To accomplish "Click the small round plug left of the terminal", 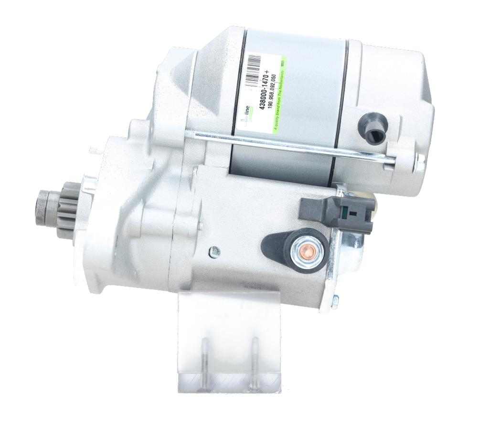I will pos(215,250).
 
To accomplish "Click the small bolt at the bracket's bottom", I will pos(335,301).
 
